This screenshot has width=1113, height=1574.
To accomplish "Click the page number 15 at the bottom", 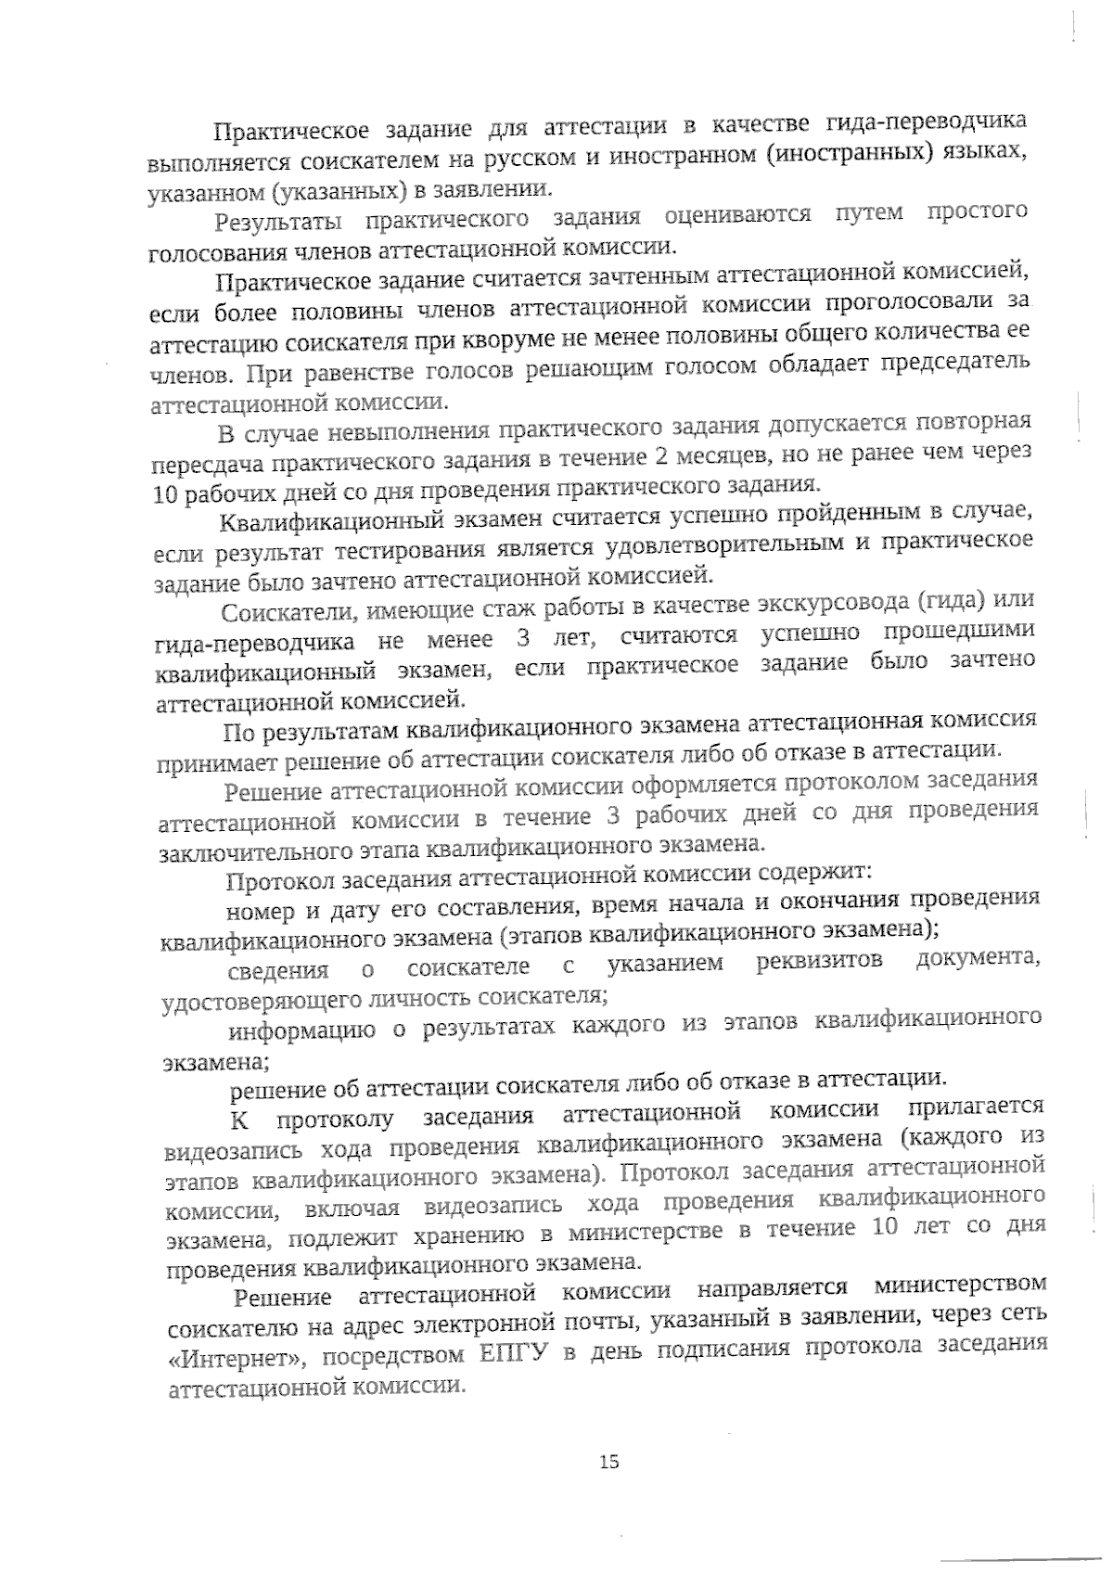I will [608, 1463].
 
